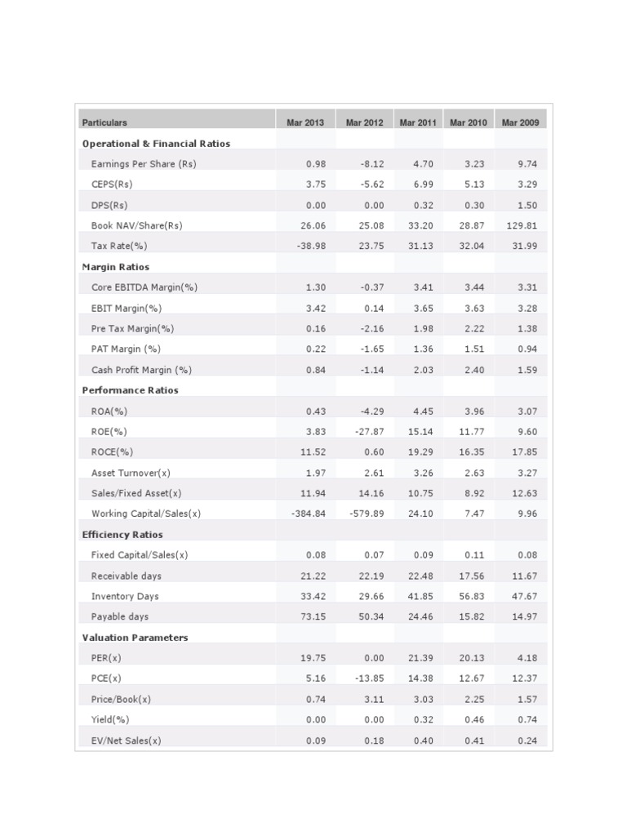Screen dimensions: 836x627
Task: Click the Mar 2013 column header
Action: (305, 122)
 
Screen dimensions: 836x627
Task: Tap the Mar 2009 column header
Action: (520, 122)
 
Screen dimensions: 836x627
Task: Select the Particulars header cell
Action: (104, 122)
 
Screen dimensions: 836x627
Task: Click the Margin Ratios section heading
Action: (116, 267)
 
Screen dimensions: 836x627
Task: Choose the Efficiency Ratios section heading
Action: (122, 535)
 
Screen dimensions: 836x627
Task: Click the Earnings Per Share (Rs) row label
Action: (144, 164)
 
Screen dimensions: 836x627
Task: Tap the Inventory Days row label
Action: (125, 596)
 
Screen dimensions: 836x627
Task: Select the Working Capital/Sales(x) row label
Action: (146, 514)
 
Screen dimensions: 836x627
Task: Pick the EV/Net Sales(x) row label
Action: (127, 740)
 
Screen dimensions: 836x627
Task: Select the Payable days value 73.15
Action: (313, 616)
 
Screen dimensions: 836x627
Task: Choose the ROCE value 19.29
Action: (421, 451)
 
